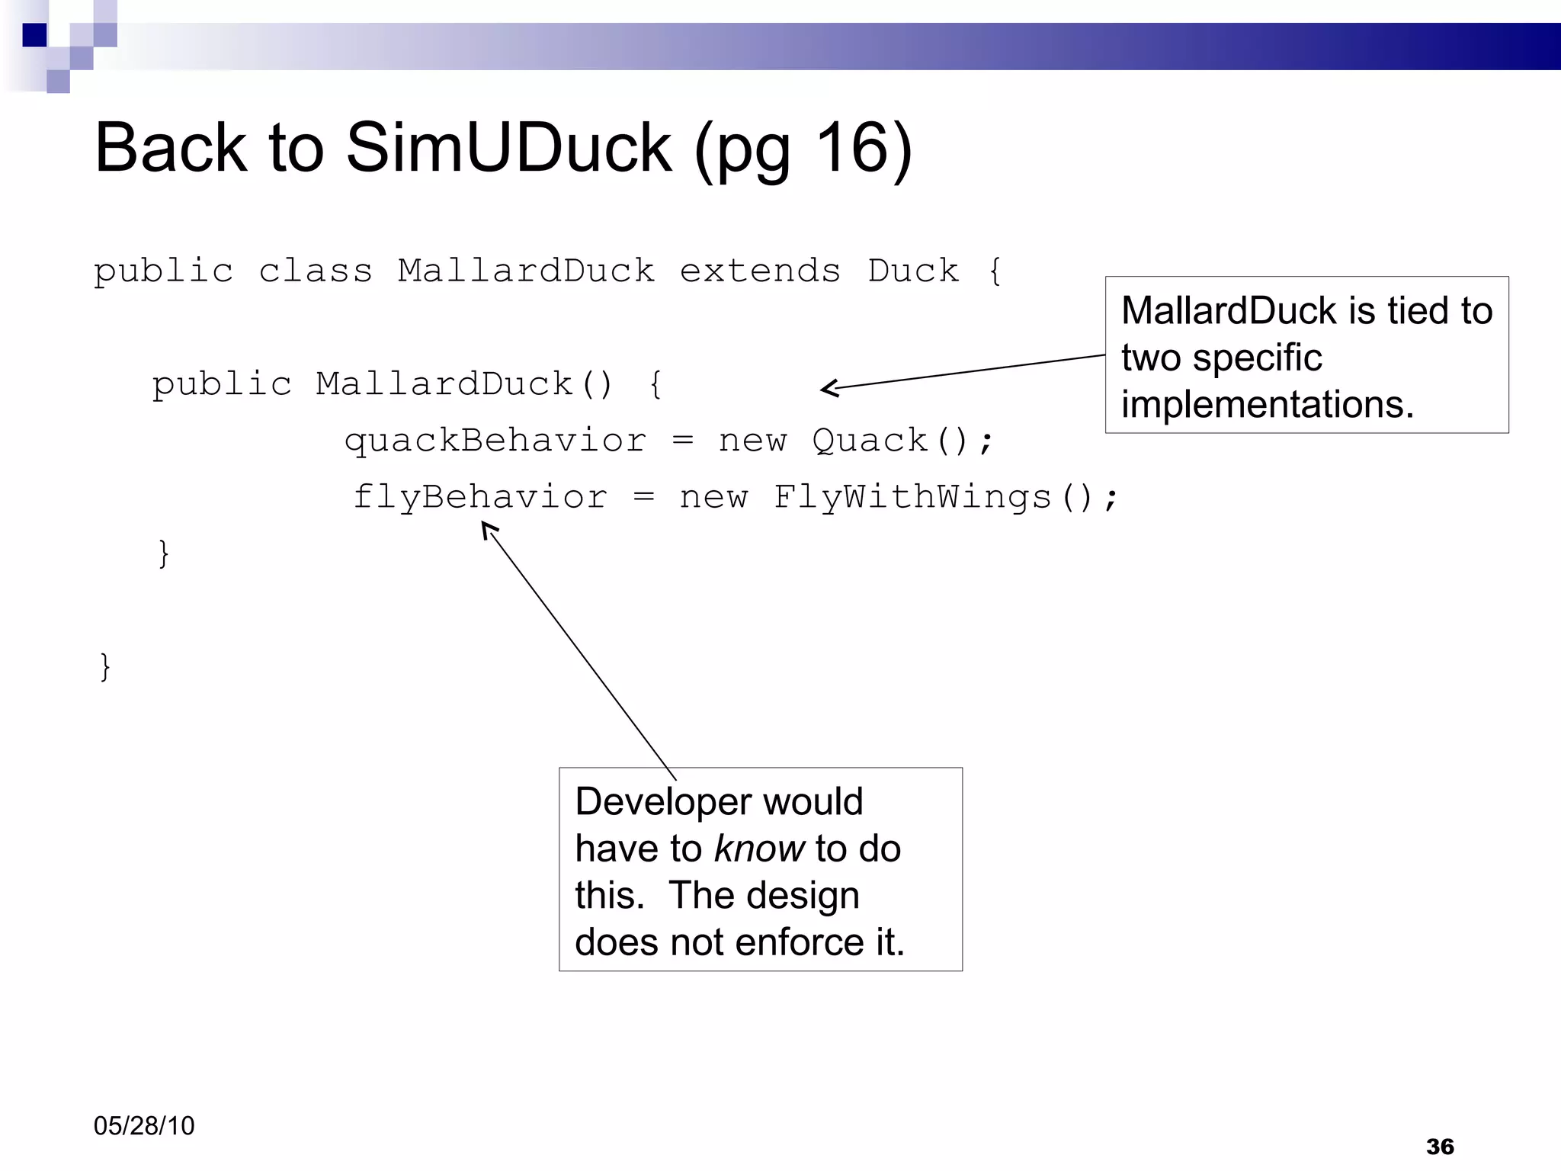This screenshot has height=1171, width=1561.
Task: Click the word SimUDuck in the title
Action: pos(508,148)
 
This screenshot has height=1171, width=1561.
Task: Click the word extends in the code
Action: pos(760,271)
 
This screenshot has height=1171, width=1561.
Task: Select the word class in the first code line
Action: pos(316,271)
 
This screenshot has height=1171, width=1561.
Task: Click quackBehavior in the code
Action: pos(495,441)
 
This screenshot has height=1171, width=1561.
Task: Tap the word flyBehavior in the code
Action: pos(480,497)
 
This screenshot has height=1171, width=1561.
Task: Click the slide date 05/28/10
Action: pos(144,1125)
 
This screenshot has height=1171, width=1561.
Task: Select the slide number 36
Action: pos(1440,1146)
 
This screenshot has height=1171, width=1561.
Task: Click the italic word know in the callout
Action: pos(759,849)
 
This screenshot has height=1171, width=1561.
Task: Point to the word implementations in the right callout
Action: pos(1267,404)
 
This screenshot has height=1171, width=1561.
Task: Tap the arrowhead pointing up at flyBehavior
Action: pos(487,528)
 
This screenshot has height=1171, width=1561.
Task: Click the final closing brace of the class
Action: pos(105,666)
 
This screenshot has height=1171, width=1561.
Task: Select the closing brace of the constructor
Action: pos(163,553)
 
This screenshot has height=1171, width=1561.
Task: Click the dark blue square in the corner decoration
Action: pos(34,35)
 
